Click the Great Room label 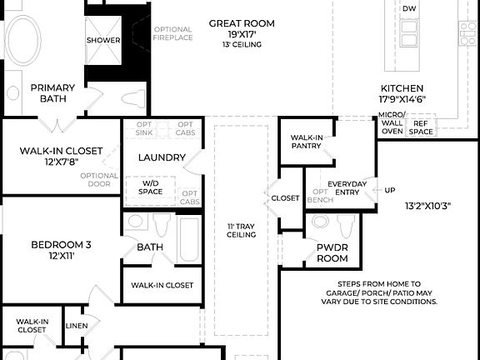(241, 23)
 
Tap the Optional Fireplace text (172, 33)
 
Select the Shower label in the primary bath (103, 40)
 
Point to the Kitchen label (402, 88)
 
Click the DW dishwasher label (409, 8)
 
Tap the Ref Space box (421, 127)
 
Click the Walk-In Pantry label (306, 142)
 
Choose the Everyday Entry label (347, 188)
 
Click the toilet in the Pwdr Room (344, 225)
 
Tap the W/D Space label (152, 187)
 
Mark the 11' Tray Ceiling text (241, 230)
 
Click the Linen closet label (76, 326)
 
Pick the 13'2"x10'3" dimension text (427, 205)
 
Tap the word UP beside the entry (389, 190)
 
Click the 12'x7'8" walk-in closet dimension (61, 162)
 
